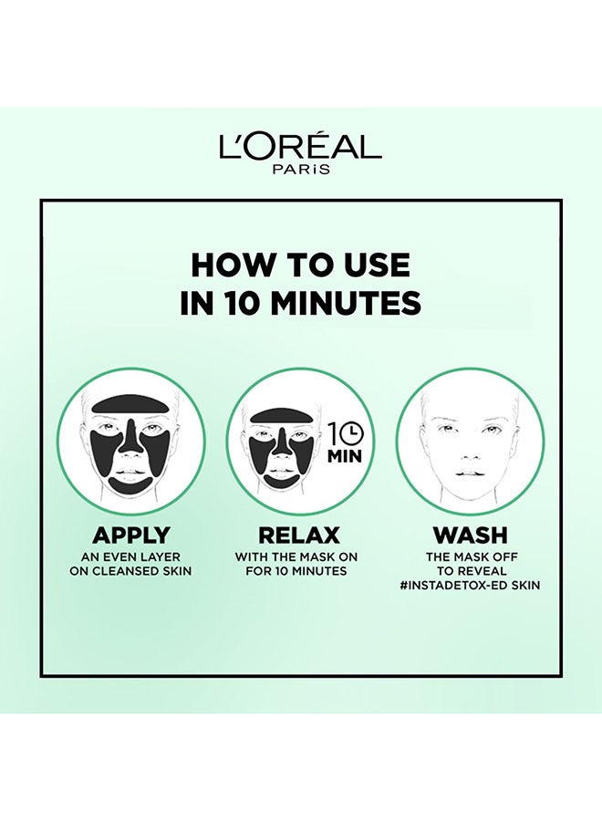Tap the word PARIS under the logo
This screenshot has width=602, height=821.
pyautogui.click(x=300, y=169)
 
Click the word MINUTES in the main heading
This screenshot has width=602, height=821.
pyautogui.click(x=348, y=304)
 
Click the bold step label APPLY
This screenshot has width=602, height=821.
pyautogui.click(x=130, y=535)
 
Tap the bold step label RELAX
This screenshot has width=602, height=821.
pyautogui.click(x=299, y=535)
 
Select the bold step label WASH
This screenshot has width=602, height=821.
pyautogui.click(x=470, y=535)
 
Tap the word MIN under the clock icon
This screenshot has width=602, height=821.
pyautogui.click(x=345, y=456)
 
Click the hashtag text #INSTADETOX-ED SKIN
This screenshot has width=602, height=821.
pyautogui.click(x=470, y=585)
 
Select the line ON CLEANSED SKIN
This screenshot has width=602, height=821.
pyautogui.click(x=130, y=571)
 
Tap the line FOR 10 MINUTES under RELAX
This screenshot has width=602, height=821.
pyautogui.click(x=296, y=571)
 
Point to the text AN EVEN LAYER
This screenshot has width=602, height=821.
pyautogui.click(x=130, y=557)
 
